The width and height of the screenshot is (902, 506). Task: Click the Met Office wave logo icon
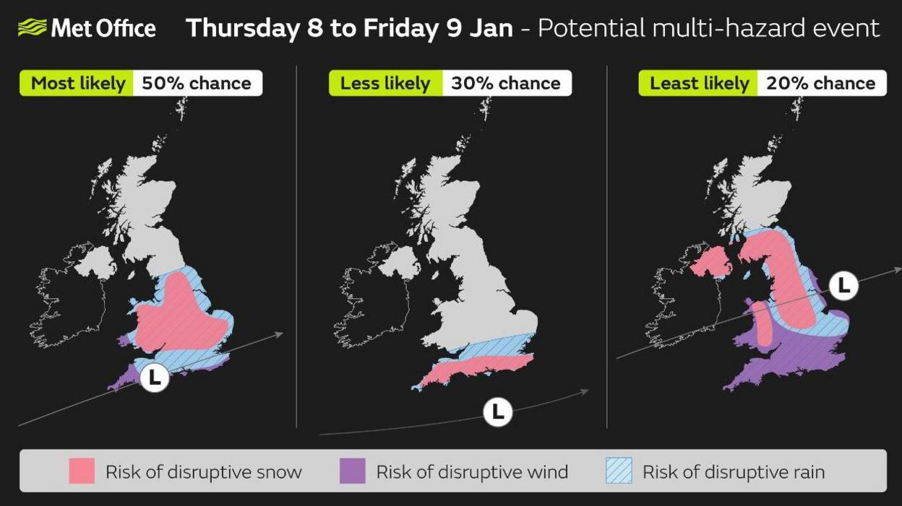[x=32, y=28]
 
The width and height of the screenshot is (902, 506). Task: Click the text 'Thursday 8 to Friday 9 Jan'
[x=349, y=28]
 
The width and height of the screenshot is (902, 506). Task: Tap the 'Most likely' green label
[x=78, y=83]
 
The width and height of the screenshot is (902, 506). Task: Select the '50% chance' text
[x=196, y=83]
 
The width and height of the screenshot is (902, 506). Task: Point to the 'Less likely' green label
[x=385, y=83]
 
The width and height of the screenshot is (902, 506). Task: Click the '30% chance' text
[x=505, y=83]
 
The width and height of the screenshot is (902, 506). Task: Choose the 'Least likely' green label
[x=699, y=83]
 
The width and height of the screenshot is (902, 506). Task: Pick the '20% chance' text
[x=820, y=83]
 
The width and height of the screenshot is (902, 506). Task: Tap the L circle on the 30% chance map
[x=497, y=412]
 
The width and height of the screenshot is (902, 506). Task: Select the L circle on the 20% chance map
[x=843, y=286]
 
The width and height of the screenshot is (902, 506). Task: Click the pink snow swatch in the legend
[x=82, y=471]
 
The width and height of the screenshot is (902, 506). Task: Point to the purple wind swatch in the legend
[x=353, y=471]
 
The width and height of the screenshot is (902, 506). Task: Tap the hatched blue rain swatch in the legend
[x=618, y=471]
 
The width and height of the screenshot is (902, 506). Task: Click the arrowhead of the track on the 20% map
[x=897, y=269]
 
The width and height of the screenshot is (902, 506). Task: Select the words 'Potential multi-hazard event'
[x=708, y=28]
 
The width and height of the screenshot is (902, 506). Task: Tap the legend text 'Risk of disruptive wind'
[x=472, y=472]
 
